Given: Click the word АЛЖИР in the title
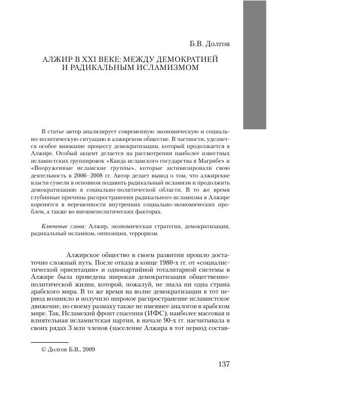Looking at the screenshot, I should (49, 59).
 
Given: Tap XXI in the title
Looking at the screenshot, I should (82, 59).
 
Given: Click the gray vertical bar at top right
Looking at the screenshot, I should (262, 64).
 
